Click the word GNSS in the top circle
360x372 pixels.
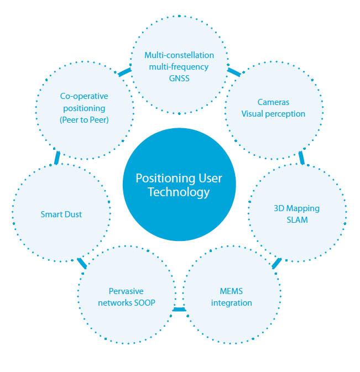[179, 78]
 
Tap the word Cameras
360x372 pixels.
[273, 102]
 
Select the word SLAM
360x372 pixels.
[297, 220]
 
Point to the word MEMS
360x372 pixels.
[232, 291]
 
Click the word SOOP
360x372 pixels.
[144, 302]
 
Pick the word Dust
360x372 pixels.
[71, 214]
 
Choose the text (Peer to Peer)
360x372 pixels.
[84, 120]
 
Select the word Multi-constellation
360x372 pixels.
[179, 55]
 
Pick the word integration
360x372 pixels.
[232, 302]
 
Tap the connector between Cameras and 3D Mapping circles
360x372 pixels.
[301, 158]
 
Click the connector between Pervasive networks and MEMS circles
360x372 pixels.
[179, 309]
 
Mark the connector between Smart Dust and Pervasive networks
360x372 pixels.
[82, 263]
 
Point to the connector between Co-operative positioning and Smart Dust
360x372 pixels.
[57, 158]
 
